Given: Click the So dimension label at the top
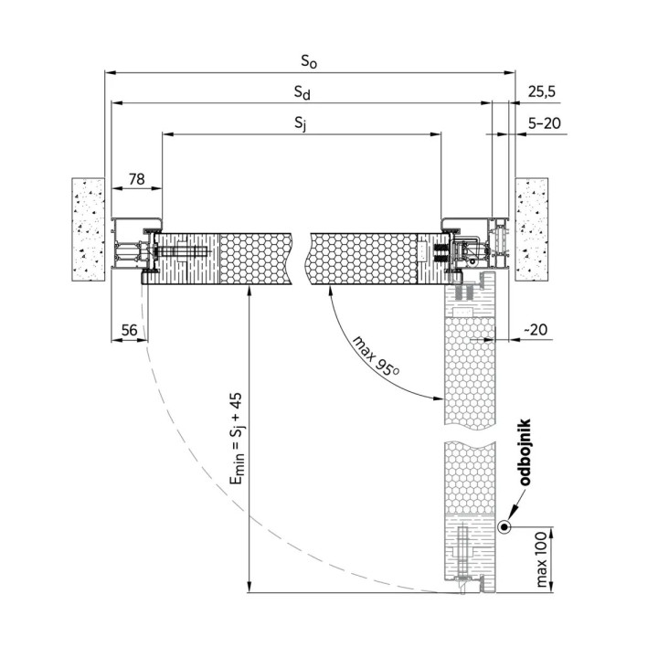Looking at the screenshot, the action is (x=309, y=62).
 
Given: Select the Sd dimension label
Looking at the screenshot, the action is (x=302, y=92).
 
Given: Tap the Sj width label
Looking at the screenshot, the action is (x=301, y=123).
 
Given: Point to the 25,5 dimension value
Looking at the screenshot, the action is (x=541, y=91).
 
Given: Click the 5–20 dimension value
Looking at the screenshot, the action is (x=545, y=123).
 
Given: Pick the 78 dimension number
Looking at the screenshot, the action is (x=136, y=179).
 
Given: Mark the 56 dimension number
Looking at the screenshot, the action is (x=129, y=330).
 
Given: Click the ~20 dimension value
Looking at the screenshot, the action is (x=536, y=329).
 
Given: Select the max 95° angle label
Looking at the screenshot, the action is (x=376, y=356).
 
